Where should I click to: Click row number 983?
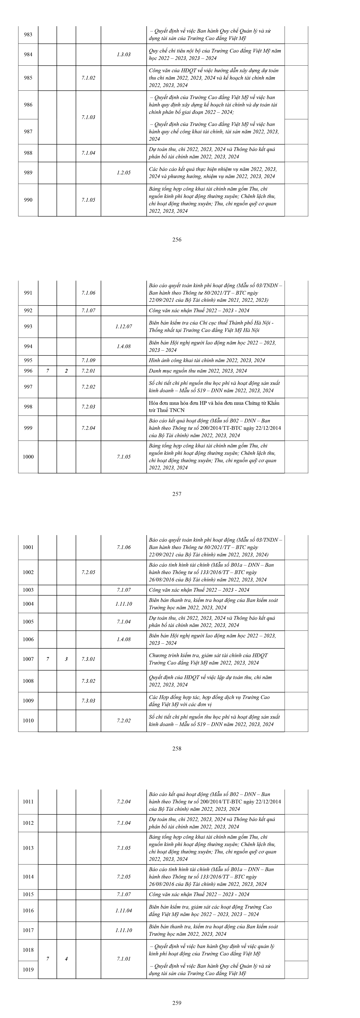click(x=28, y=34)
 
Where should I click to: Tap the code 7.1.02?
click(x=88, y=78)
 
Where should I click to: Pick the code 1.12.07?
click(x=124, y=326)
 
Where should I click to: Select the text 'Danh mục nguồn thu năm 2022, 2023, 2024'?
click(x=198, y=371)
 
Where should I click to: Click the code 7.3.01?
click(x=88, y=659)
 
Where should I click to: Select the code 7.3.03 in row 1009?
click(x=88, y=701)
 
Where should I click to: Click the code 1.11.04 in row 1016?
click(x=124, y=910)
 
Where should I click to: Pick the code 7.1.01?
click(x=124, y=959)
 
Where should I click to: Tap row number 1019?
click(x=28, y=969)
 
